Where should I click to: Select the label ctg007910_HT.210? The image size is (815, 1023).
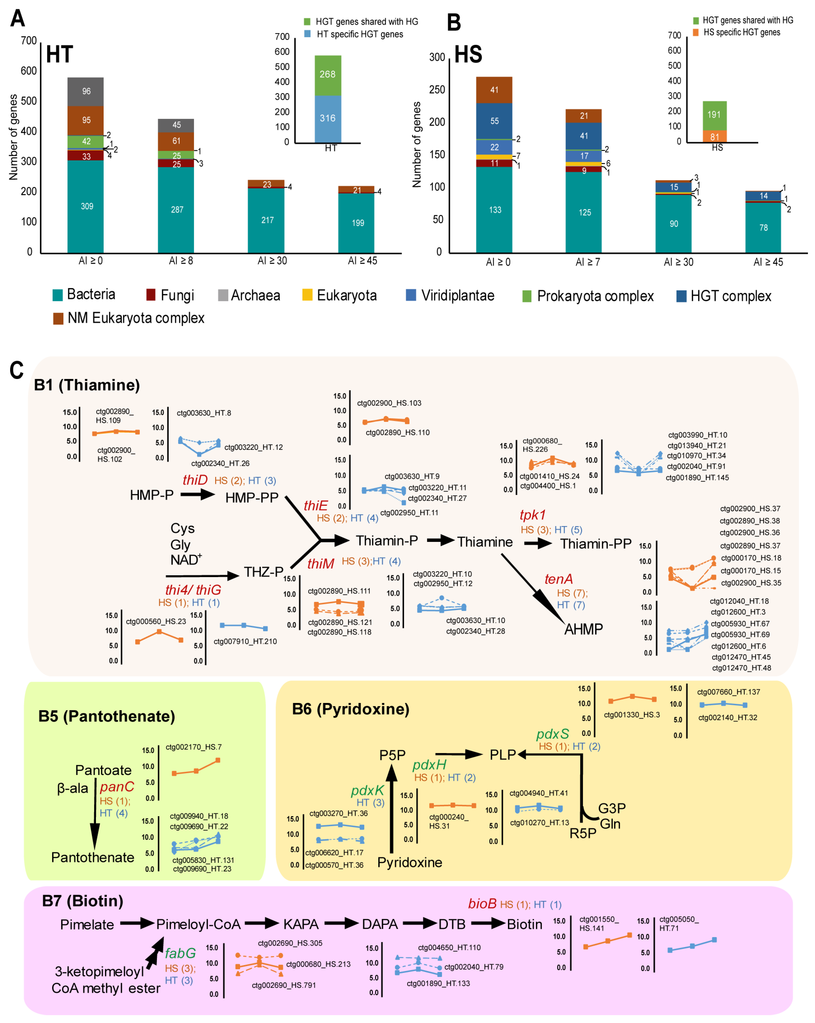(x=245, y=642)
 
